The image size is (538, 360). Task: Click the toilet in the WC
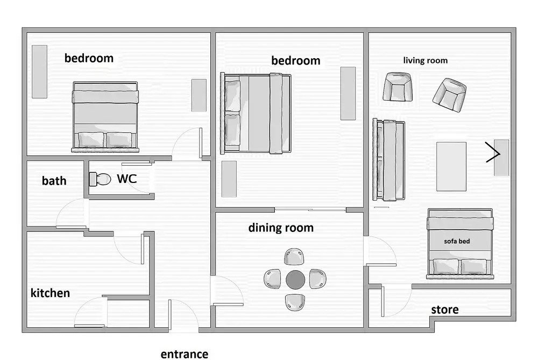[100, 179]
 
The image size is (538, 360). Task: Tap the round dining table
[295, 279]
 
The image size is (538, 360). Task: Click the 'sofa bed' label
[457, 241]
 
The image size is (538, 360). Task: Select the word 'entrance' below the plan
[184, 354]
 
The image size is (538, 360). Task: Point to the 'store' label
[445, 309]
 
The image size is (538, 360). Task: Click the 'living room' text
[425, 60]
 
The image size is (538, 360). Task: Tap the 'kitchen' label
[50, 293]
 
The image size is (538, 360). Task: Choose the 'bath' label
[54, 180]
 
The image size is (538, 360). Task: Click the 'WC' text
[126, 179]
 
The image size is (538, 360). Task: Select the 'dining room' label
[281, 228]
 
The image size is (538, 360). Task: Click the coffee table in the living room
[451, 166]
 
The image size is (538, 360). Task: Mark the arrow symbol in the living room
[493, 152]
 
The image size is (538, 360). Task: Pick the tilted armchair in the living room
[449, 95]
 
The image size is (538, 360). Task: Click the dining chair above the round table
[294, 257]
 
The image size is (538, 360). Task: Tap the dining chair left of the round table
[272, 279]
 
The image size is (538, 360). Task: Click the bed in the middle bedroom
[256, 113]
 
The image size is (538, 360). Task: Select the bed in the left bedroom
[105, 117]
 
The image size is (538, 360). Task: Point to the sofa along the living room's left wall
[389, 160]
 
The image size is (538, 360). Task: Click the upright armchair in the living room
[398, 87]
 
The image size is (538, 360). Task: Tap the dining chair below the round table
[295, 302]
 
